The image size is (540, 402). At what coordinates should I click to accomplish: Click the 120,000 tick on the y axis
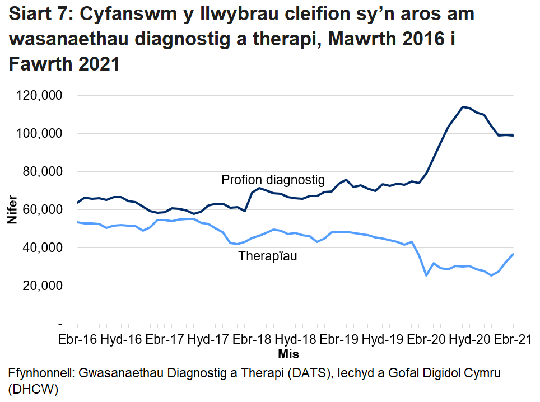click(x=39, y=95)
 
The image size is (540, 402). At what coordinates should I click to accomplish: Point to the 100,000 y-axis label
click(x=39, y=133)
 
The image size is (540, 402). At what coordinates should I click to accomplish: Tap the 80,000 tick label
click(x=42, y=171)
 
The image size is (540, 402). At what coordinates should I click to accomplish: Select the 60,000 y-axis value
click(x=42, y=209)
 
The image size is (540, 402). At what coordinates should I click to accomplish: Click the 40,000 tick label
click(x=42, y=247)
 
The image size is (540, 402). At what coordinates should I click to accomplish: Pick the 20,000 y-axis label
click(x=42, y=286)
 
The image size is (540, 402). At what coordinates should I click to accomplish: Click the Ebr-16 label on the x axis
click(x=78, y=340)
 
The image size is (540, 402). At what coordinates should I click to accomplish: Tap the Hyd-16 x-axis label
click(x=121, y=340)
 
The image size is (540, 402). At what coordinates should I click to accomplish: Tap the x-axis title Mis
click(x=288, y=354)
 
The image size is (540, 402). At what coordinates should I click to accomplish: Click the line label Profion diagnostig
click(x=273, y=180)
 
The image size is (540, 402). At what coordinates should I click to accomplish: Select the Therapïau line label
click(x=268, y=256)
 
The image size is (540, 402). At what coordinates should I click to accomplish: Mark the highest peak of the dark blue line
click(x=463, y=106)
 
